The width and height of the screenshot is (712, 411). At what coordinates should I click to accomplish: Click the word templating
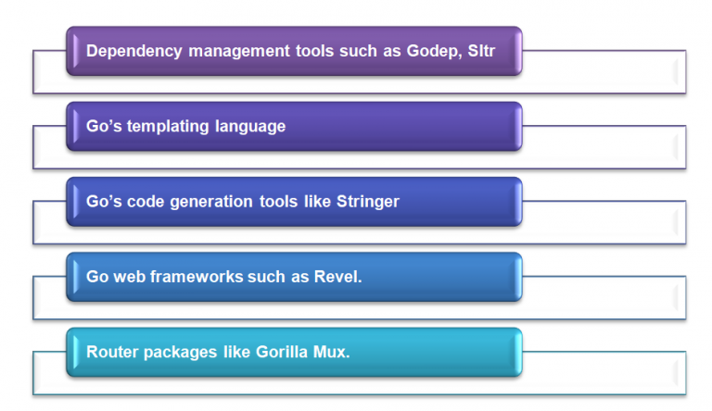coord(170,126)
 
